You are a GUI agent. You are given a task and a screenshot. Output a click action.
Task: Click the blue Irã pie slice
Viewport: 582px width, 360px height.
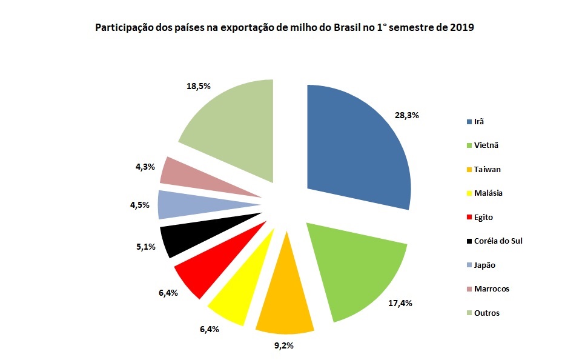(357, 145)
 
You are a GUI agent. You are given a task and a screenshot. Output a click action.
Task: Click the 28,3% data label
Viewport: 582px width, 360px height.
(408, 114)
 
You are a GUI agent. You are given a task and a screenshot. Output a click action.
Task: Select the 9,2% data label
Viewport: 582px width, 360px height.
(283, 346)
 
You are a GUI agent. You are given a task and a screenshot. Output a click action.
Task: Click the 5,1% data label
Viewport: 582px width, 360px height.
(145, 247)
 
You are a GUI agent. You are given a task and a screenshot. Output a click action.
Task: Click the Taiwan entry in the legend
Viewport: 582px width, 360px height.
(488, 169)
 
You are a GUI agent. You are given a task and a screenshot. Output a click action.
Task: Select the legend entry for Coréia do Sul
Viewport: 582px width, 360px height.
(497, 241)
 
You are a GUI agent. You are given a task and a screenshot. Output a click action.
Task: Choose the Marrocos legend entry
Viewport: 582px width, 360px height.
(492, 288)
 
